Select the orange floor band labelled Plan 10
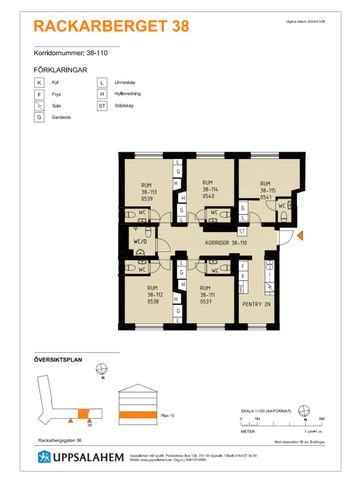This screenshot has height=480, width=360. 133,409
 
